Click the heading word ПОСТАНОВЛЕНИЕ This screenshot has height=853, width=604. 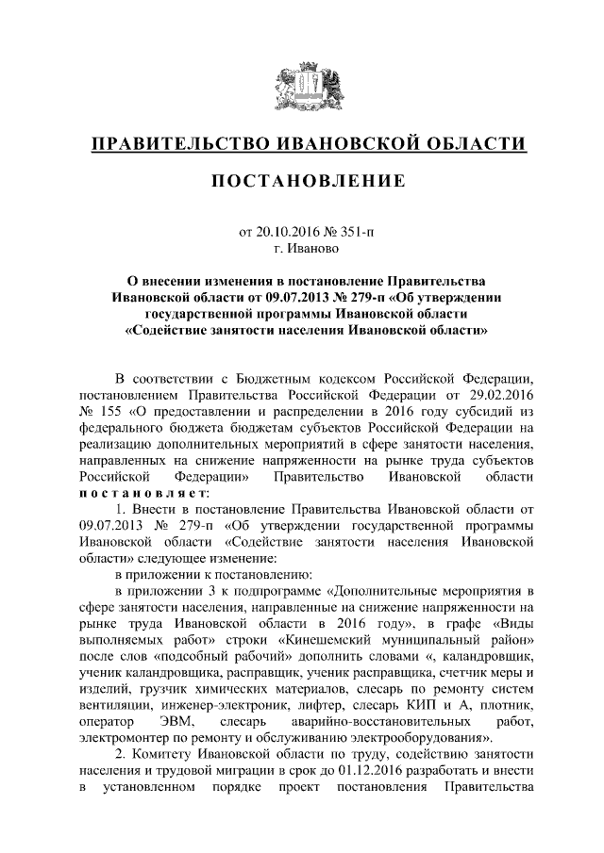tap(302, 180)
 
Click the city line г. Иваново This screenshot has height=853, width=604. tap(301, 249)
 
